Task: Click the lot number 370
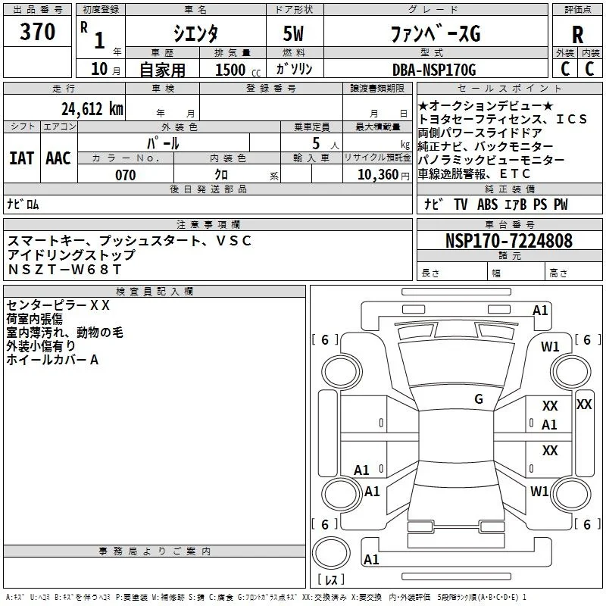click(37, 31)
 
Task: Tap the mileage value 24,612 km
click(92, 109)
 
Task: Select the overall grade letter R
click(577, 35)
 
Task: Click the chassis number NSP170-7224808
click(509, 240)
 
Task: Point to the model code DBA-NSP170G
click(434, 70)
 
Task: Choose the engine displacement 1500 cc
click(238, 70)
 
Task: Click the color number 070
click(126, 175)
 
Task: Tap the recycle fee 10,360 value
click(378, 175)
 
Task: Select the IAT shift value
click(22, 158)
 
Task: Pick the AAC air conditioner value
click(58, 158)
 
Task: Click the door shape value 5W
click(293, 33)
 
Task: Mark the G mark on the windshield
click(479, 399)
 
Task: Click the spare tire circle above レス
click(331, 553)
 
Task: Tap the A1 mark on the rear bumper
click(371, 559)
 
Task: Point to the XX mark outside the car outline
click(583, 405)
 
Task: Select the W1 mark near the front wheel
click(550, 347)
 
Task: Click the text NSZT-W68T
click(64, 270)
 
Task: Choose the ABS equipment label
click(487, 205)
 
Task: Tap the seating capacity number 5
click(316, 143)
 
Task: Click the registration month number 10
click(99, 69)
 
